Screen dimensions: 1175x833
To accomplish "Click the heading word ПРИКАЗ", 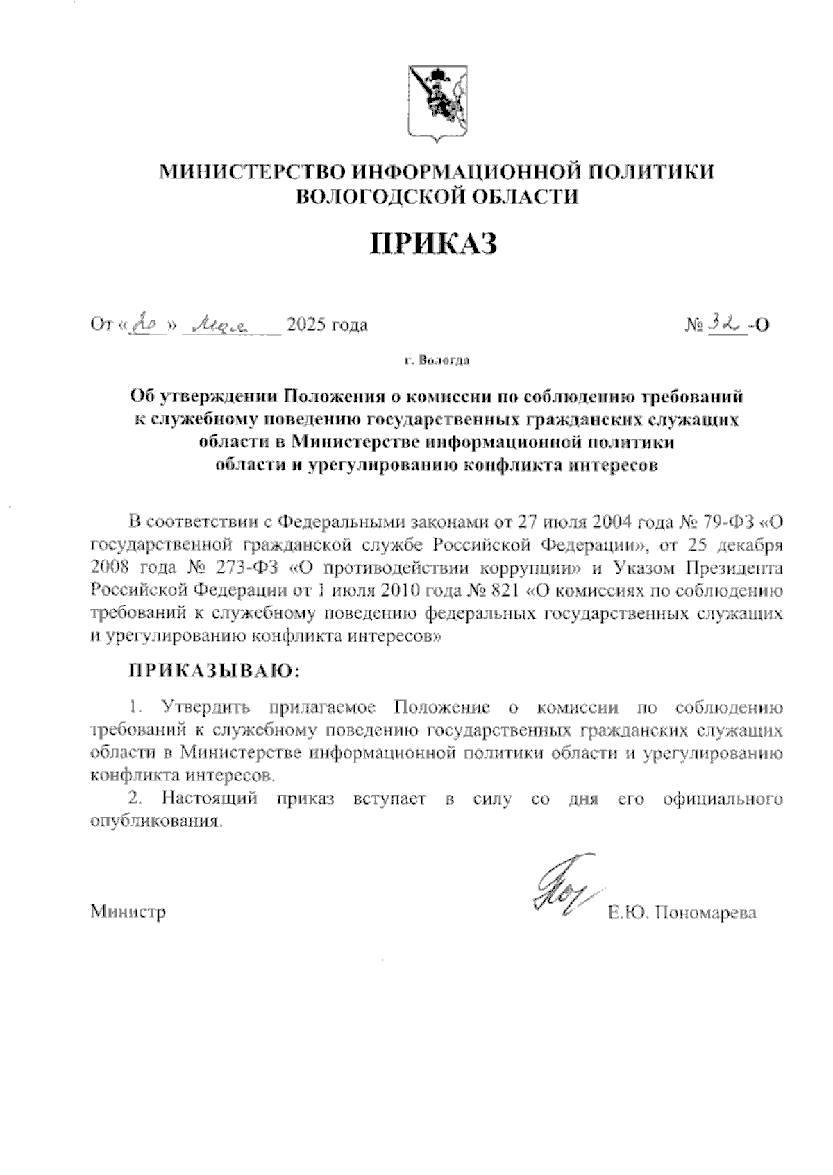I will [437, 244].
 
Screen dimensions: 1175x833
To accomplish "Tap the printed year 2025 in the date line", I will [308, 325].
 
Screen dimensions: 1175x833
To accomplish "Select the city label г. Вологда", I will [437, 361].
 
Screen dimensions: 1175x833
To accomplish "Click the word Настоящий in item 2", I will [210, 798].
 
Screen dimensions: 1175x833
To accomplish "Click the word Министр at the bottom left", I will [128, 912].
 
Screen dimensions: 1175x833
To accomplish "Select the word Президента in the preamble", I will [735, 568].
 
